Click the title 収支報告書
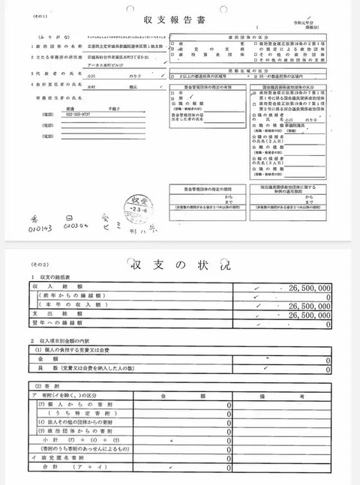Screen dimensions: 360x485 click(180, 22)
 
